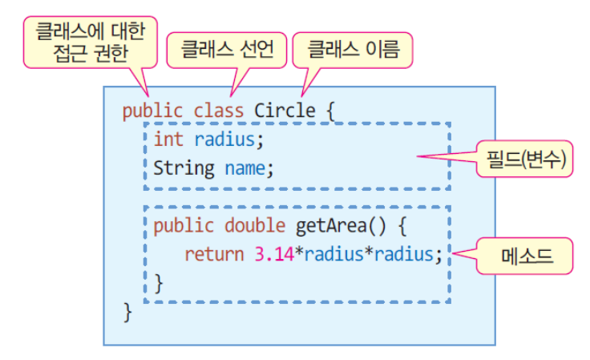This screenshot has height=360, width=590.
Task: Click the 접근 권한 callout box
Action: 90,42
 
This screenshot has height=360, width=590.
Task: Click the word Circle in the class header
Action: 285,110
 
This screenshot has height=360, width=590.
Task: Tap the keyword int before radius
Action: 168,140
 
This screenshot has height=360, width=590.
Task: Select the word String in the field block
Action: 184,168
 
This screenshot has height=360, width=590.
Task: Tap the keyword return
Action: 214,254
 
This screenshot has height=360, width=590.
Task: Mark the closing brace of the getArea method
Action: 158,282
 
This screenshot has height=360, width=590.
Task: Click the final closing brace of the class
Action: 127,311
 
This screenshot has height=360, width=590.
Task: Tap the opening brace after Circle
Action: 327,110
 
